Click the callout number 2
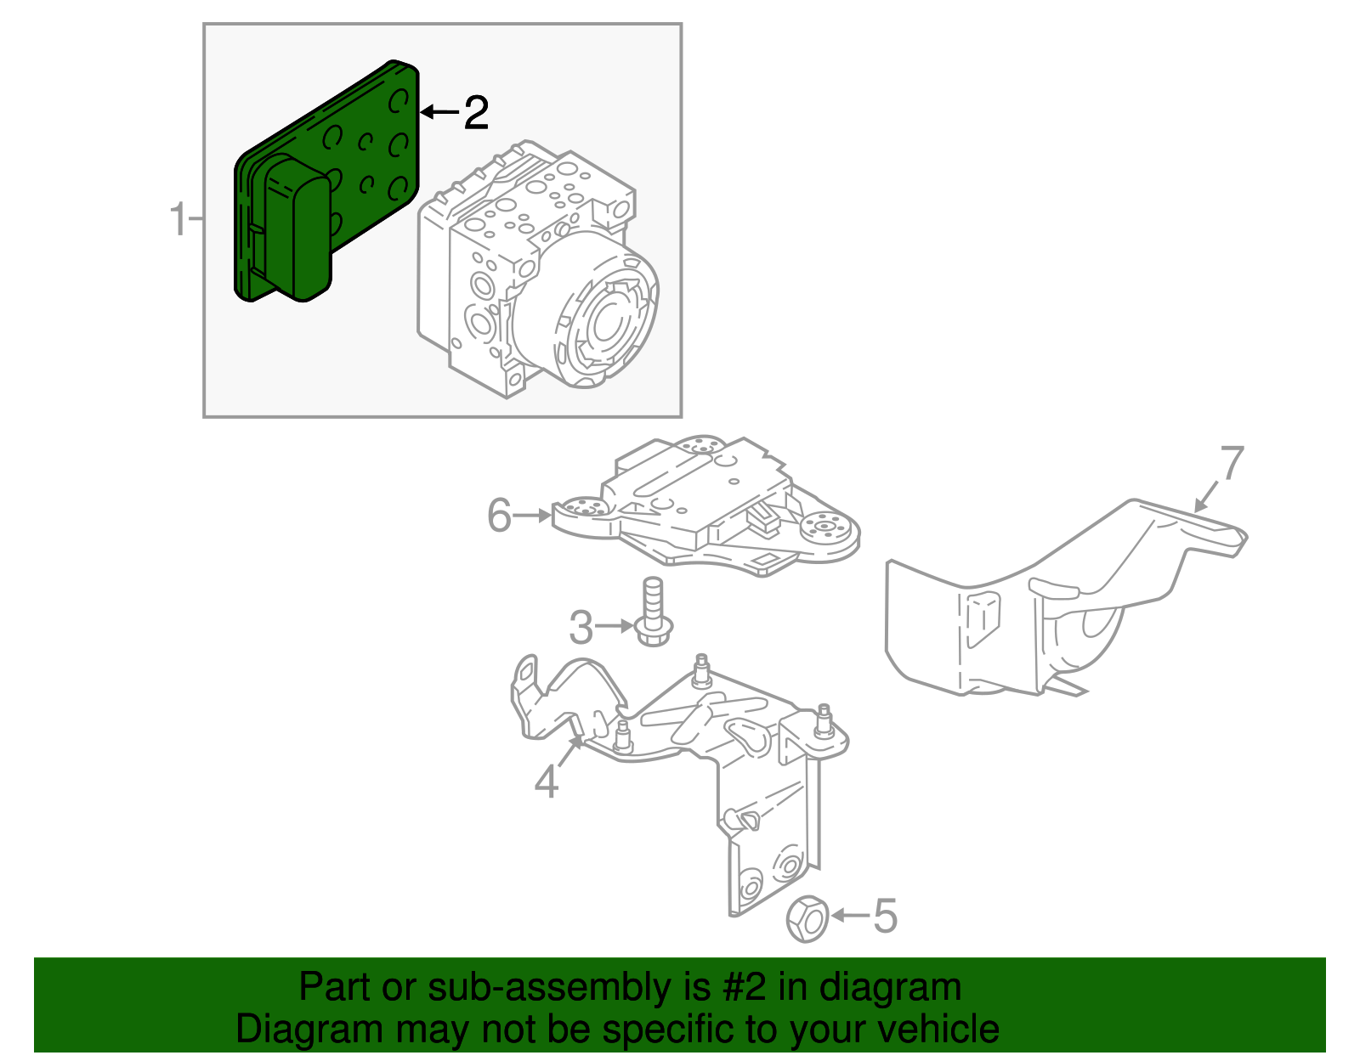477,113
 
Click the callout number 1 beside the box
178,220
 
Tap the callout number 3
581,628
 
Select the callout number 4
547,781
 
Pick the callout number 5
885,916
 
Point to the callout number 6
500,515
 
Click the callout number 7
1232,464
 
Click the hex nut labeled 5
807,918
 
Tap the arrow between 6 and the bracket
533,515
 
